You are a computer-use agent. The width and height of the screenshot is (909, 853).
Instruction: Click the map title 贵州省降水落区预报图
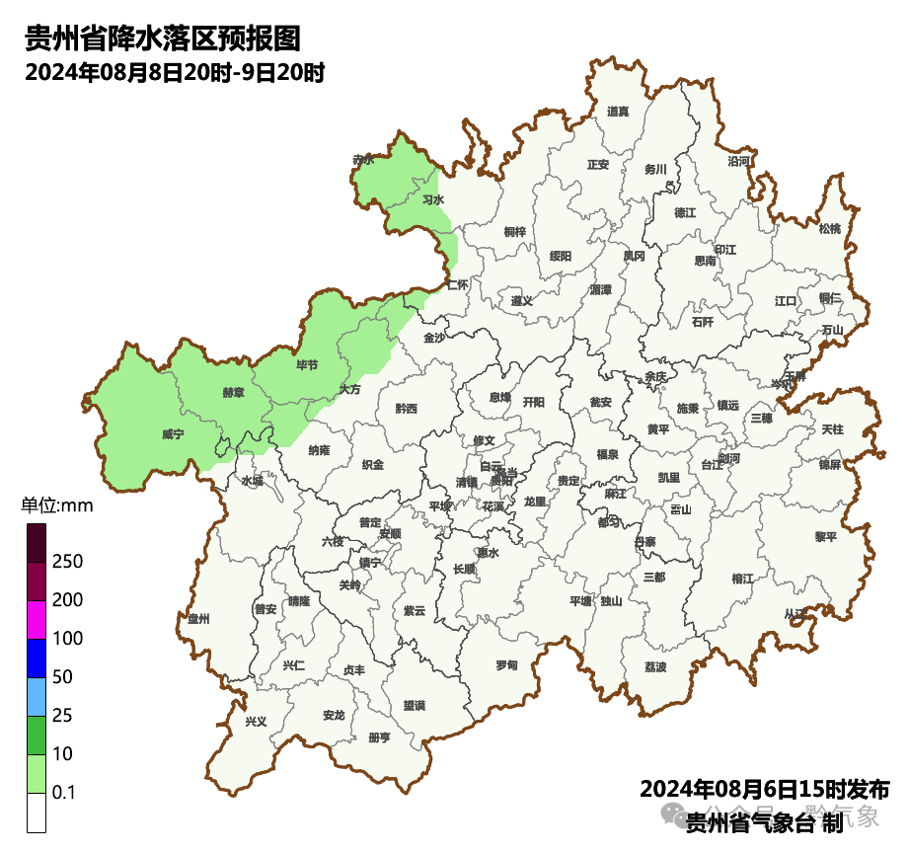tap(162, 39)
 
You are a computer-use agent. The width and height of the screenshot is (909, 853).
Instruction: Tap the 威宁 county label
tap(173, 433)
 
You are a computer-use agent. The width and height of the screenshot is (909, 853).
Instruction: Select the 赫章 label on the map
tap(233, 392)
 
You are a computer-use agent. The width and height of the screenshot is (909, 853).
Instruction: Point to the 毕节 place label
tap(307, 364)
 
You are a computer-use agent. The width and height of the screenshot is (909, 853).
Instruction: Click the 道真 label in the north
tap(618, 112)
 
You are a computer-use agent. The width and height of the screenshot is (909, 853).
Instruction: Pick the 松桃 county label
tap(830, 229)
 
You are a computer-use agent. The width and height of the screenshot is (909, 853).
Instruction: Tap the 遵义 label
tap(521, 300)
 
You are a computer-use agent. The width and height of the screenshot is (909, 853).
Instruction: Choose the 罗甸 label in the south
tap(506, 664)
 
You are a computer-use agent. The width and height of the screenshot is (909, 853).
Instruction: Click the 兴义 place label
tap(256, 722)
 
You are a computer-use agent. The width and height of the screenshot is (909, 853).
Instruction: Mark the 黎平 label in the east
tap(825, 536)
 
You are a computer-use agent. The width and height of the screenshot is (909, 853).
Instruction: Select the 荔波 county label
tap(655, 666)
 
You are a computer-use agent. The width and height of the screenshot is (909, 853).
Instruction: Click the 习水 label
tap(432, 199)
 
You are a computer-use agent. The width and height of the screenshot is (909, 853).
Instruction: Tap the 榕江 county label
tap(742, 578)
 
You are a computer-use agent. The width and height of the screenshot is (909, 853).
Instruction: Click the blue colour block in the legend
tap(37, 659)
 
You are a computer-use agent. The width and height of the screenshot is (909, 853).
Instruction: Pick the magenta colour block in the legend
tap(37, 620)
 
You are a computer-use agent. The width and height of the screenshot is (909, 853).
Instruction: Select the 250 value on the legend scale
tap(67, 562)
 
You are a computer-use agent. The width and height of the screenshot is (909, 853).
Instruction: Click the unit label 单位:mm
tap(56, 506)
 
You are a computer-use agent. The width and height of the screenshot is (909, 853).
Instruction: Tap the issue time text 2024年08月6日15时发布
tap(765, 790)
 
